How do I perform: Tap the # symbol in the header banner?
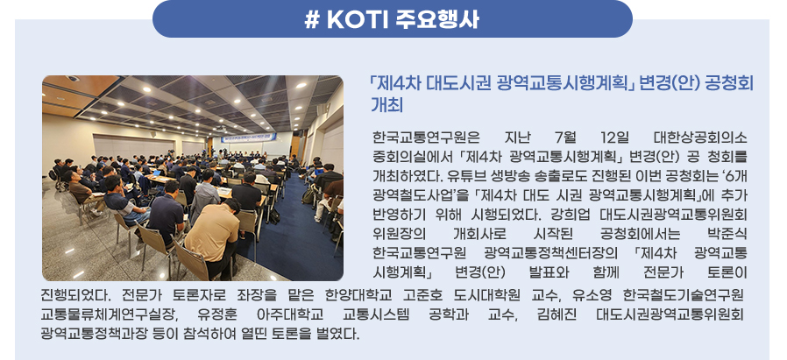312,20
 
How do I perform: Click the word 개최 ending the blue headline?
387,105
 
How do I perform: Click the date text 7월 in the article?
565,137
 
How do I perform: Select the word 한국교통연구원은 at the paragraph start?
426,137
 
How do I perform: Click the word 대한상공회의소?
700,137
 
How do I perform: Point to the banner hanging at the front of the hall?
248,138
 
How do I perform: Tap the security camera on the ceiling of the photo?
73,79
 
